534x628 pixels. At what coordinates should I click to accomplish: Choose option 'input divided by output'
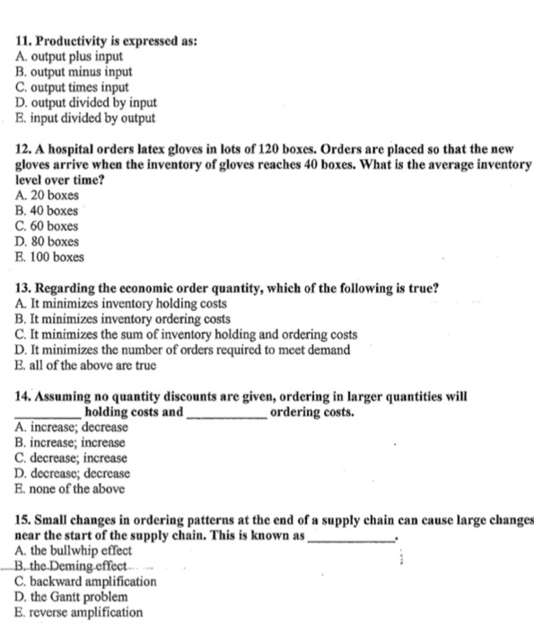[x=91, y=118]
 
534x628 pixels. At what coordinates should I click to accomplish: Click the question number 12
[x=24, y=149]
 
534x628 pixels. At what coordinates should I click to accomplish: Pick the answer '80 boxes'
[x=55, y=241]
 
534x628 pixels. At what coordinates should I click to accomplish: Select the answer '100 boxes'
[x=57, y=257]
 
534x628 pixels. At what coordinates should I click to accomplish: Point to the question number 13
[x=24, y=288]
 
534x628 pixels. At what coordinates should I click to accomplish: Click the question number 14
[x=24, y=397]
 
